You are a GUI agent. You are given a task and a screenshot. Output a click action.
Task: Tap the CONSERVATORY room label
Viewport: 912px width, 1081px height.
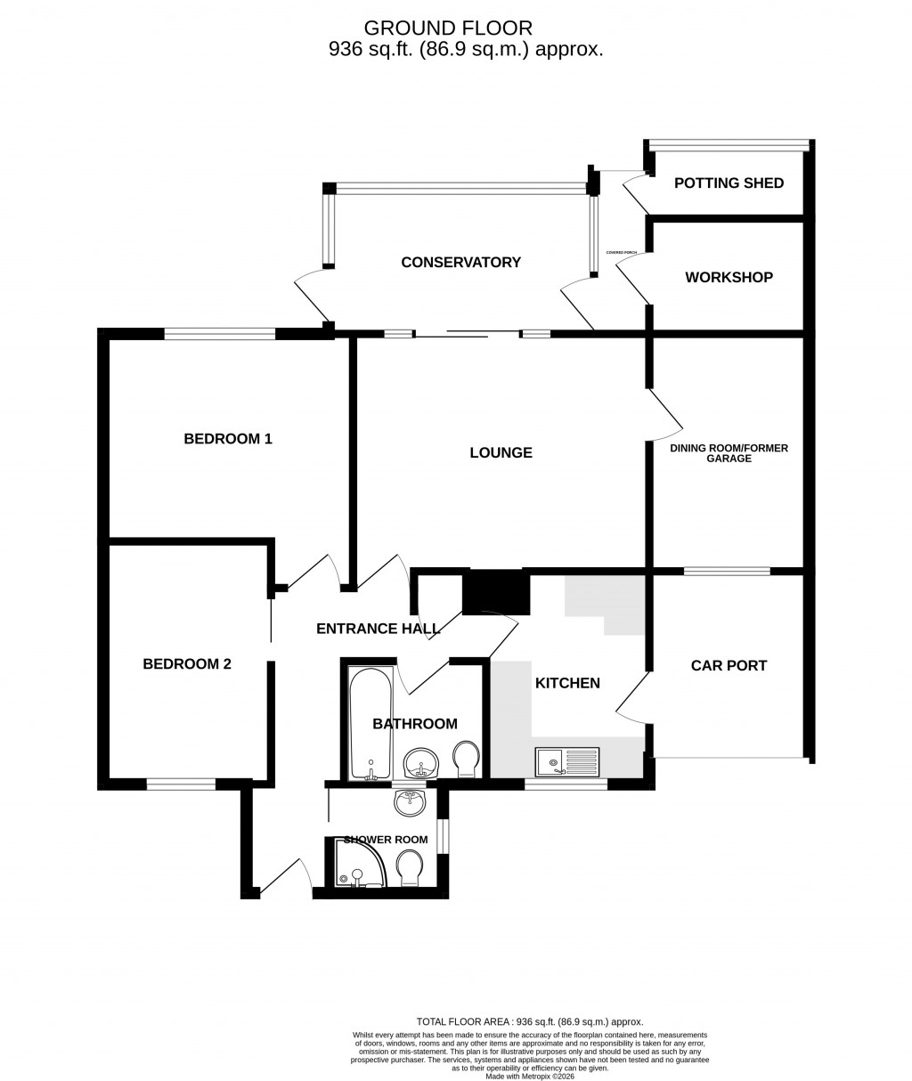click(460, 262)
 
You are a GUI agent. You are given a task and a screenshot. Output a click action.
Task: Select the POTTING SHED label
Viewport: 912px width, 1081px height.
click(729, 183)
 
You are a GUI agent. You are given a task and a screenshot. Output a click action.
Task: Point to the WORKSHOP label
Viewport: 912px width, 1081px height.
click(729, 277)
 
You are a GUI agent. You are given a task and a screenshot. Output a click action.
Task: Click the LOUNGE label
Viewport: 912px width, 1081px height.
click(501, 452)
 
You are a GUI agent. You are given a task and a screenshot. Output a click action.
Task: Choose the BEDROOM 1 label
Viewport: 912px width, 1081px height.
click(227, 438)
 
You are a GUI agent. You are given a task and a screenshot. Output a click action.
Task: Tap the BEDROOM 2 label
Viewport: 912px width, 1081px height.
click(187, 663)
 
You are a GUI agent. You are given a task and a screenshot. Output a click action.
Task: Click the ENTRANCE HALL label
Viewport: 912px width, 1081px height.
click(378, 629)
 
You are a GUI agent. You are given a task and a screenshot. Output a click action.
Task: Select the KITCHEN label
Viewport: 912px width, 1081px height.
click(567, 683)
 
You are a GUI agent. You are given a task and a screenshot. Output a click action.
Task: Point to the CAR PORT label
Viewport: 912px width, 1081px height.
click(729, 665)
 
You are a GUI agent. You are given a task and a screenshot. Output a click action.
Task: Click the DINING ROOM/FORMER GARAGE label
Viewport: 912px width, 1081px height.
click(729, 453)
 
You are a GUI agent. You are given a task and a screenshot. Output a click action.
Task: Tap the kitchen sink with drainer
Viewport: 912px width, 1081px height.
click(568, 762)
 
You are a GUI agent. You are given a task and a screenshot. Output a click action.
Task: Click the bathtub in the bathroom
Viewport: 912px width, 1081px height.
click(366, 721)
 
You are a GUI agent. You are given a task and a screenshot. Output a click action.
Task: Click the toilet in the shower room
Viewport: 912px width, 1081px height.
click(410, 868)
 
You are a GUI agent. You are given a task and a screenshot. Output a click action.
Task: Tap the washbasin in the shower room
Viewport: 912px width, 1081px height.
click(410, 802)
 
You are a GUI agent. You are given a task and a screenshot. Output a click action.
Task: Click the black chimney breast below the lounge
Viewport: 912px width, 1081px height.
click(496, 592)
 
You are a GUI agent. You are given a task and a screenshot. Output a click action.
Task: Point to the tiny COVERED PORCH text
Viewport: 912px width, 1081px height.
click(622, 253)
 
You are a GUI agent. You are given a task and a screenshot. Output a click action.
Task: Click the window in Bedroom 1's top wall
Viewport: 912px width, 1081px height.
click(220, 334)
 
